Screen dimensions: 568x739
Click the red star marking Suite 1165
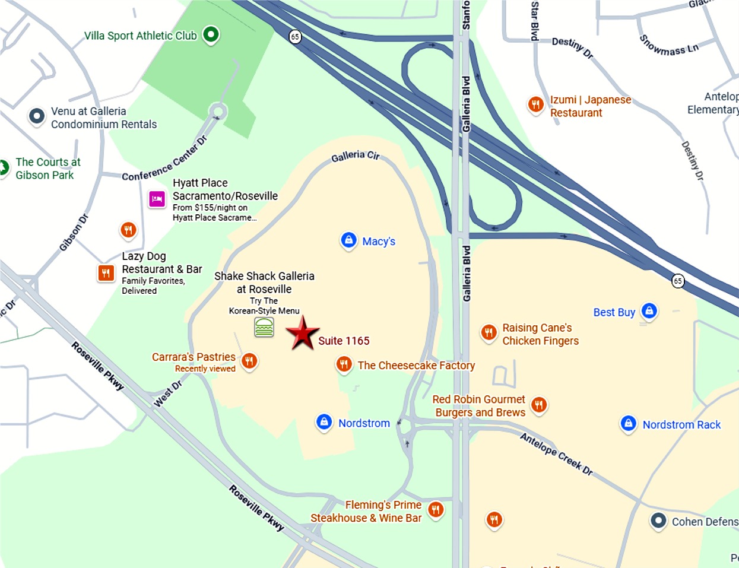(x=303, y=334)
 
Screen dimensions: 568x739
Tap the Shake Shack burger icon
(x=264, y=327)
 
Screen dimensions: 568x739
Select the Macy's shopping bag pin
(x=348, y=240)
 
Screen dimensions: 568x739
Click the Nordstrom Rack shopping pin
(x=628, y=424)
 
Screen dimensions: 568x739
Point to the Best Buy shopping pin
(x=649, y=311)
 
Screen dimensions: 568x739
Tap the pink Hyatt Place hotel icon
(x=157, y=199)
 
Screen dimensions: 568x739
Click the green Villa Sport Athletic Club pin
(x=211, y=35)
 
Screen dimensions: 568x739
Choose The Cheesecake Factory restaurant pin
(x=344, y=364)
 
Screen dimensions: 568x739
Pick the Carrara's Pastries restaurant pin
(x=249, y=361)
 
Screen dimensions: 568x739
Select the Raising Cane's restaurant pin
(x=489, y=332)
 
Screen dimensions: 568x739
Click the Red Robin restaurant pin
(x=538, y=405)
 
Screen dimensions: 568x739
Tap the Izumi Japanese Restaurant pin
(x=536, y=105)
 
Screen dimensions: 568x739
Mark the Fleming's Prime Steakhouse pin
(x=436, y=509)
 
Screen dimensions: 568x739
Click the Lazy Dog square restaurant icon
(x=106, y=273)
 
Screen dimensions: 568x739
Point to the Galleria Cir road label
(x=355, y=156)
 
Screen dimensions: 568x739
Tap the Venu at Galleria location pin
(x=37, y=116)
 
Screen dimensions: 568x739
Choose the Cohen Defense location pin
(x=658, y=521)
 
